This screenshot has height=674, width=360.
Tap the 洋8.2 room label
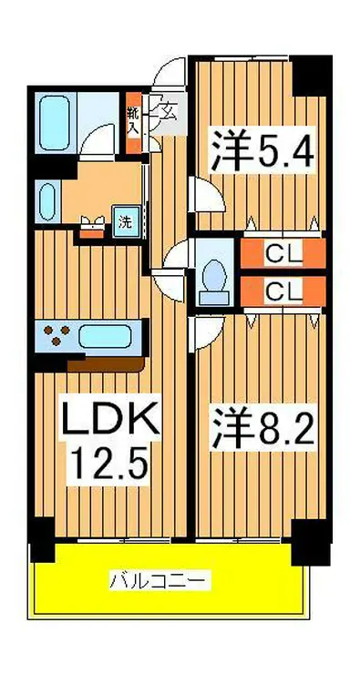[x=264, y=428]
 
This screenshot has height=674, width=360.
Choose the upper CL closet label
[x=283, y=252]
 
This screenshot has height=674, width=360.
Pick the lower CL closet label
[x=283, y=291]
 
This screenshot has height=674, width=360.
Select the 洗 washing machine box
[x=123, y=220]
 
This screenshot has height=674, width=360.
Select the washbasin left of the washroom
[x=48, y=199]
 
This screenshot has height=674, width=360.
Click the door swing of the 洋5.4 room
[x=200, y=193]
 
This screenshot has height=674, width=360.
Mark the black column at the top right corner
[x=314, y=75]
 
